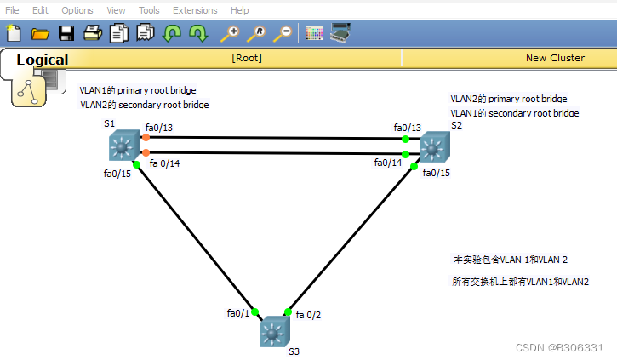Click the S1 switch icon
click(124, 146)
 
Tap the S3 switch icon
click(274, 331)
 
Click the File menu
click(13, 10)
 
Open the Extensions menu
click(195, 10)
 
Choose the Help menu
click(240, 10)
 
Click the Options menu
click(77, 10)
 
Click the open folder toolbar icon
click(40, 34)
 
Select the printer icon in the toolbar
click(93, 34)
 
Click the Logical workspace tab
click(42, 60)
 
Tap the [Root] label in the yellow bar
click(247, 58)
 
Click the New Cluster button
click(555, 58)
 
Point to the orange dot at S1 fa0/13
click(146, 137)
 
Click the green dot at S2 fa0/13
click(406, 139)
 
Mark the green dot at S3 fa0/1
click(254, 311)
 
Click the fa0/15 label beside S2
click(437, 173)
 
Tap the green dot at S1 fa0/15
click(136, 164)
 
